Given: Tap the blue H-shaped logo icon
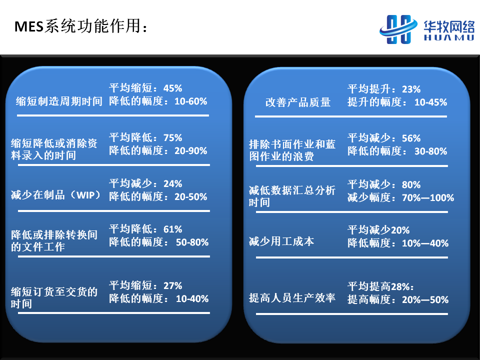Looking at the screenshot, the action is (398, 29).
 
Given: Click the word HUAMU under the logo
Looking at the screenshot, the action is (449, 37).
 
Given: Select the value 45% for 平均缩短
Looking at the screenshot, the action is (172, 88).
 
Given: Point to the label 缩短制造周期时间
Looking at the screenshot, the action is (59, 101).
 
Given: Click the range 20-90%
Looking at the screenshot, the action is (190, 150).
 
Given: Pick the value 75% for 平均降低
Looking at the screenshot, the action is (172, 138).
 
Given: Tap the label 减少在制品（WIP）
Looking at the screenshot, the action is (56, 194).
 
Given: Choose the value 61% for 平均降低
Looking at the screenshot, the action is (172, 229).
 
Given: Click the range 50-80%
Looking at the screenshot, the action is (192, 242).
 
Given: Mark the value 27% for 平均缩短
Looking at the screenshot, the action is (172, 285).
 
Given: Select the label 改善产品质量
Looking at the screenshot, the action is (298, 102).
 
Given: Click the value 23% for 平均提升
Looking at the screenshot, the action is (411, 89).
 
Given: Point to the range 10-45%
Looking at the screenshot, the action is (430, 102).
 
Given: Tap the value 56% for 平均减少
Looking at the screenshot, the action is (411, 138).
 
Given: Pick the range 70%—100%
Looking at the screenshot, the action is (428, 198).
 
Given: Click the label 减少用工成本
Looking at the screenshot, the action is (281, 241).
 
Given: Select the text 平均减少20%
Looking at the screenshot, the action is (378, 230).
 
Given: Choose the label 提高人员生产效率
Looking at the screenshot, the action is (292, 297).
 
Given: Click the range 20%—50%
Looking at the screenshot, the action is (425, 299).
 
